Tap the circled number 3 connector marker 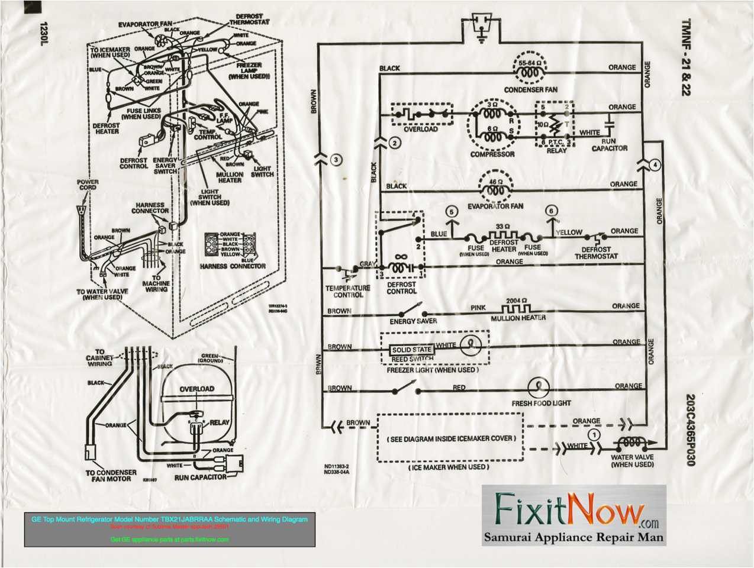336,160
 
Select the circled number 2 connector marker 395,143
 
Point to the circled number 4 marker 654,165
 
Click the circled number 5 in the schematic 452,211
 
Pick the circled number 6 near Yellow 551,211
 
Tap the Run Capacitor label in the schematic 610,145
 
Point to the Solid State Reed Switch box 412,354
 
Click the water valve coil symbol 630,443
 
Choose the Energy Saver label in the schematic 413,321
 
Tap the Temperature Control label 347,291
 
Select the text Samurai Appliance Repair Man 573,537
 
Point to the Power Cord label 88,185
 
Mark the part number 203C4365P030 690,430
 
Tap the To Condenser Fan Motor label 111,476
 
